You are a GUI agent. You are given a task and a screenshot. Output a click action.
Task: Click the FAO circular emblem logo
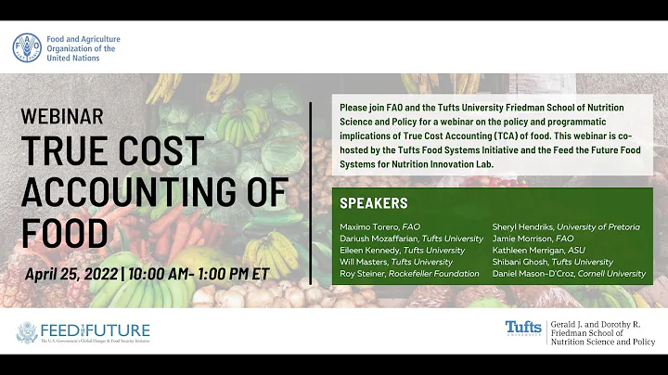[28, 48]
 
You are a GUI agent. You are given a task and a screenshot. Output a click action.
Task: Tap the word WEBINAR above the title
[62, 118]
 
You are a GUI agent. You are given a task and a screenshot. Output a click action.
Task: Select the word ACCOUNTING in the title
[153, 191]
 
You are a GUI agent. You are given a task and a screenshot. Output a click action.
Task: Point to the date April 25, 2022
[71, 274]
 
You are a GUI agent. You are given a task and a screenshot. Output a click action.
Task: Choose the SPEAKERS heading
[374, 203]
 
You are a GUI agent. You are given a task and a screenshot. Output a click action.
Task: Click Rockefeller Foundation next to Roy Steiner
[438, 274]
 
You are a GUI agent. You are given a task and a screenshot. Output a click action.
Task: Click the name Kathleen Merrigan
[522, 250]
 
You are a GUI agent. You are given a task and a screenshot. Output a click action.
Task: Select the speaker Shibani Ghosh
[515, 262]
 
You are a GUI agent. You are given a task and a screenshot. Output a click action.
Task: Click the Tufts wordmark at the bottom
[523, 328]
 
